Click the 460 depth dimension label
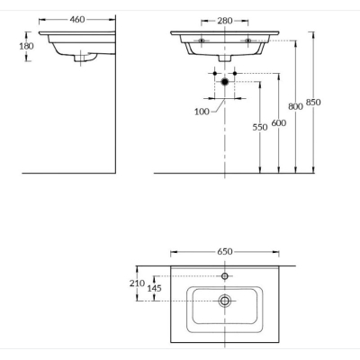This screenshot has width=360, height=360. (x=77, y=20)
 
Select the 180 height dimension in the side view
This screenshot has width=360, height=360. (x=26, y=46)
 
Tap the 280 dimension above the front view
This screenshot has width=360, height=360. (x=225, y=21)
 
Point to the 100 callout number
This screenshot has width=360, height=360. (x=202, y=112)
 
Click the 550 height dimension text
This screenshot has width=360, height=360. (x=260, y=128)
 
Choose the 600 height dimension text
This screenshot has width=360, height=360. (x=279, y=123)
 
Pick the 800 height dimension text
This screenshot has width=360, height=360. (x=295, y=106)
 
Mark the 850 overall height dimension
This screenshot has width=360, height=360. (x=313, y=103)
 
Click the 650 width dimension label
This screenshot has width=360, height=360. (x=225, y=251)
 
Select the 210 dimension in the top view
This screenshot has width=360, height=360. (x=137, y=283)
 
